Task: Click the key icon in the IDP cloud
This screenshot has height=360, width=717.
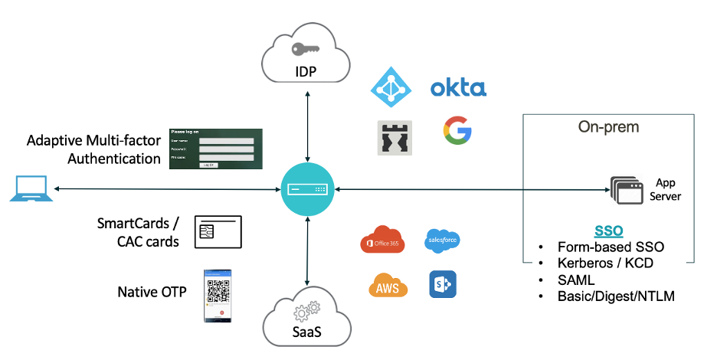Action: tap(306, 48)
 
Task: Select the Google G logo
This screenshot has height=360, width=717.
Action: tap(457, 131)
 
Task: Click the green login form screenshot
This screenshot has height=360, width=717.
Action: tap(216, 149)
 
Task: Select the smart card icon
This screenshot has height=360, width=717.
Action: tap(218, 231)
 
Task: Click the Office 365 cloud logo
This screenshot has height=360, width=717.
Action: tap(382, 240)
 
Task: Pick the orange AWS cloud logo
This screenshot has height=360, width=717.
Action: tap(388, 285)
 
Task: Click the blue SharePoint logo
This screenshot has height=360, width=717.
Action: tap(442, 284)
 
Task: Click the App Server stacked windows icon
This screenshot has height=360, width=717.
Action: tap(626, 190)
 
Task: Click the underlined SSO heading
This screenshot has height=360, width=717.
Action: tap(608, 231)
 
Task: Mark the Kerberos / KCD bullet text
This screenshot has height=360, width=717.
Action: tap(605, 263)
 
